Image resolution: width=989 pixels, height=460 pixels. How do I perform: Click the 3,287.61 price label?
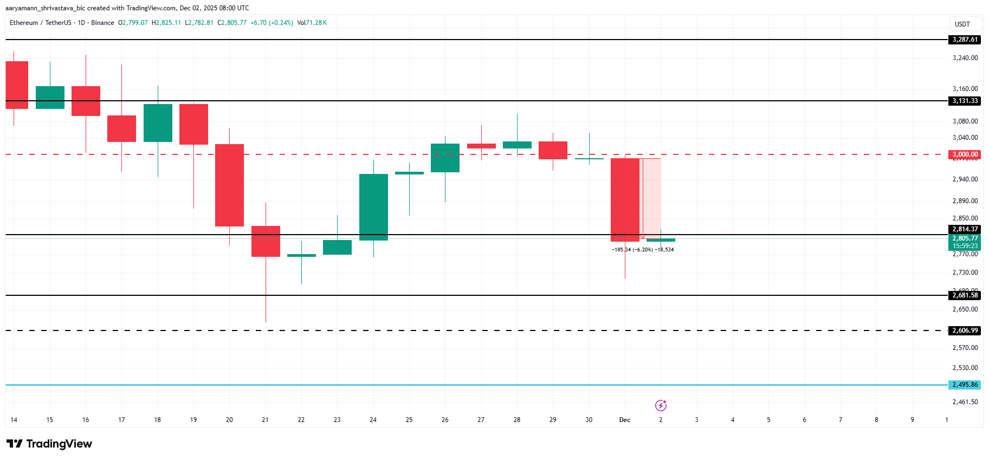click(x=965, y=40)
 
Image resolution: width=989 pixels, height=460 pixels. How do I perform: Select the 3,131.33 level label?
click(x=965, y=101)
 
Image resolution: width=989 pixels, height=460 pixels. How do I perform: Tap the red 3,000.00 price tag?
click(x=965, y=154)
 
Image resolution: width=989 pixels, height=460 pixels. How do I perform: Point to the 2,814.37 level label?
click(x=965, y=229)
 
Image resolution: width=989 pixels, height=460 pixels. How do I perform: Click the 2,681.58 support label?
click(x=965, y=295)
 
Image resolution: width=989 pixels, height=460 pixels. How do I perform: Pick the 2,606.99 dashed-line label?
click(x=965, y=331)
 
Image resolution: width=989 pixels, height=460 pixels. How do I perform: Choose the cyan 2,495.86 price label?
click(x=965, y=385)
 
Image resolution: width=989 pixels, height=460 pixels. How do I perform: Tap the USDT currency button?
click(x=962, y=24)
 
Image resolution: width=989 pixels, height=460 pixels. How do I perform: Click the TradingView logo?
click(x=49, y=444)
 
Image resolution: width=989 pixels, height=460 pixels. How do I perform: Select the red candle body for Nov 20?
click(x=229, y=185)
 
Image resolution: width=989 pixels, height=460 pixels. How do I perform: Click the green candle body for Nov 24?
click(x=373, y=207)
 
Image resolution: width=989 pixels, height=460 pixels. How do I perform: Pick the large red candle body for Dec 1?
click(x=625, y=199)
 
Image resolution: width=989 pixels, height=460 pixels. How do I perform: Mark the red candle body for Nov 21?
click(x=266, y=241)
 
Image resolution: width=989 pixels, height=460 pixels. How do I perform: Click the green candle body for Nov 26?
click(x=445, y=158)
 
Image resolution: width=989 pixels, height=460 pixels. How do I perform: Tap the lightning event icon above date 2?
click(x=661, y=405)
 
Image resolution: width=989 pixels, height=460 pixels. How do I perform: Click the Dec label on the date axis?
click(x=625, y=420)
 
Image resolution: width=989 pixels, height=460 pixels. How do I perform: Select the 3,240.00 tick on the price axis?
click(x=965, y=58)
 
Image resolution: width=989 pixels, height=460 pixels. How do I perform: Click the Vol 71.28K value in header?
click(x=312, y=23)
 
